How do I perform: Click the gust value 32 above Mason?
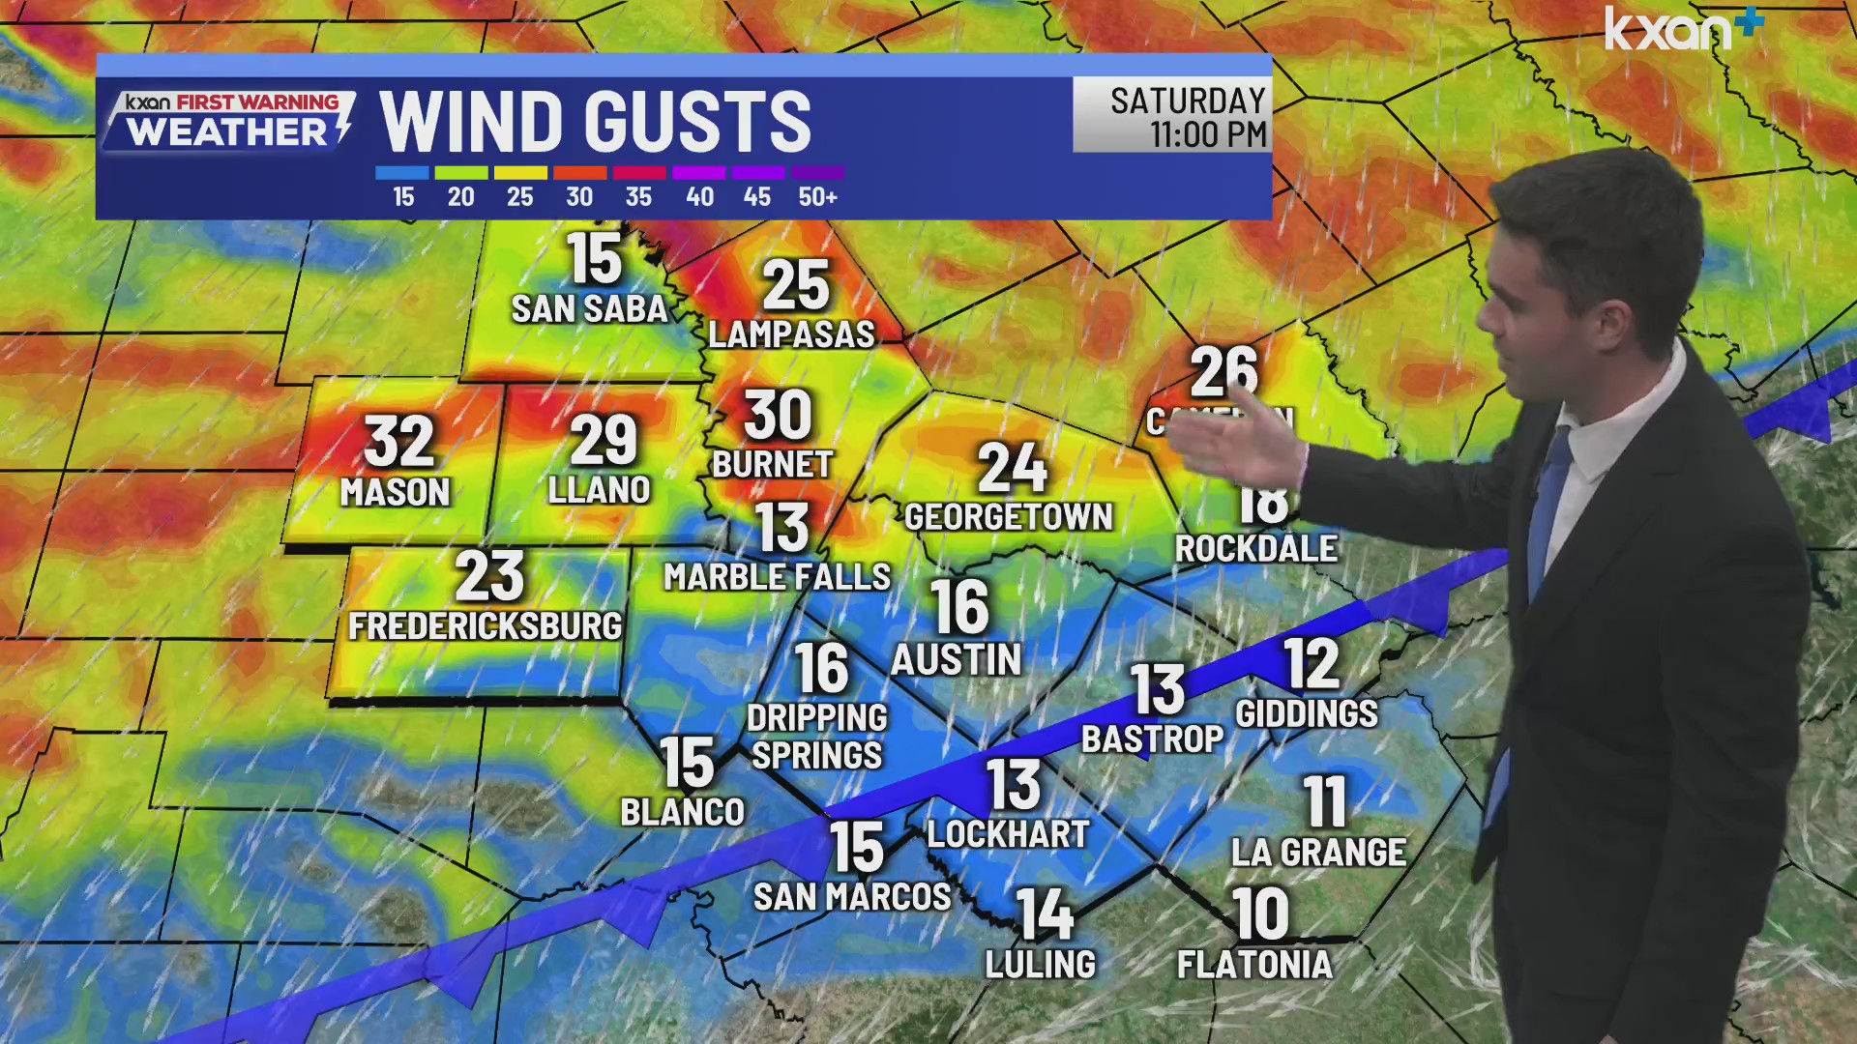pos(398,442)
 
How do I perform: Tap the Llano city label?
pos(599,490)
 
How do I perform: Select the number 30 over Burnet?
pos(778,416)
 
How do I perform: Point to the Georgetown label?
pos(1009,517)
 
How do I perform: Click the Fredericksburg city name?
pos(485,626)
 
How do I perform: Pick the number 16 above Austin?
pos(959,607)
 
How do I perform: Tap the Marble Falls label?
pos(777,577)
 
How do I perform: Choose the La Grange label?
pos(1318,853)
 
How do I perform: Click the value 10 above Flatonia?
pos(1260,913)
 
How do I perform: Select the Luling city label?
pos(1041,965)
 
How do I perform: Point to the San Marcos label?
pos(852,897)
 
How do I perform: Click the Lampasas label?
pos(791,334)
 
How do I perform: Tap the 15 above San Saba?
pos(593,259)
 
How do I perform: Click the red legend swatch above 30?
pos(579,173)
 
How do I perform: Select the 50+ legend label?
pos(817,197)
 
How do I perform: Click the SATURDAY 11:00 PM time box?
pos(1172,116)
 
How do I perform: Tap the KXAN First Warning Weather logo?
pos(229,121)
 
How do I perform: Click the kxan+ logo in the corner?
pos(1683,29)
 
